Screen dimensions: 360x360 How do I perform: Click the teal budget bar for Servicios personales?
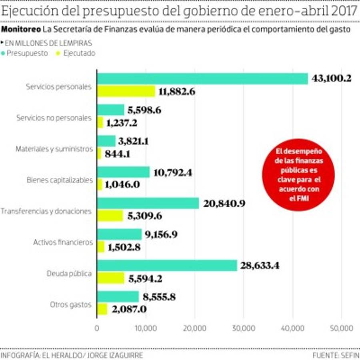click(x=202, y=79)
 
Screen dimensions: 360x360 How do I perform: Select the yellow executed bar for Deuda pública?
click(x=111, y=278)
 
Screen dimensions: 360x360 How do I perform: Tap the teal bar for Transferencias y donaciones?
click(x=148, y=203)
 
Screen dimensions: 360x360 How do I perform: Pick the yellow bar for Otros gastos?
click(x=102, y=309)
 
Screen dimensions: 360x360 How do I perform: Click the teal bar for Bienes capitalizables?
click(x=124, y=172)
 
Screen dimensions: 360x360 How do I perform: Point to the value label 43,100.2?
click(x=332, y=78)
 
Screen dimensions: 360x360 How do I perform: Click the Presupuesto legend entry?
click(x=27, y=53)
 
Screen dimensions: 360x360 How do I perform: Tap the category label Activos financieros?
click(x=63, y=242)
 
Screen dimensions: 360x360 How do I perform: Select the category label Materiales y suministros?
click(x=54, y=149)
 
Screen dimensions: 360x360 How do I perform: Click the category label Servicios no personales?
click(x=54, y=118)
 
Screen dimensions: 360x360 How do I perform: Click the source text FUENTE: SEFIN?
click(x=336, y=355)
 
